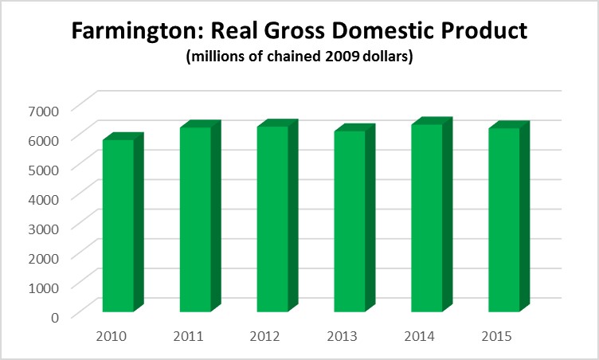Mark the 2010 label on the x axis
click(x=110, y=335)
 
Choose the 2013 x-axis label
click(x=342, y=335)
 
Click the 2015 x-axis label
click(x=496, y=335)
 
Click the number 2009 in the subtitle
click(x=340, y=58)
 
